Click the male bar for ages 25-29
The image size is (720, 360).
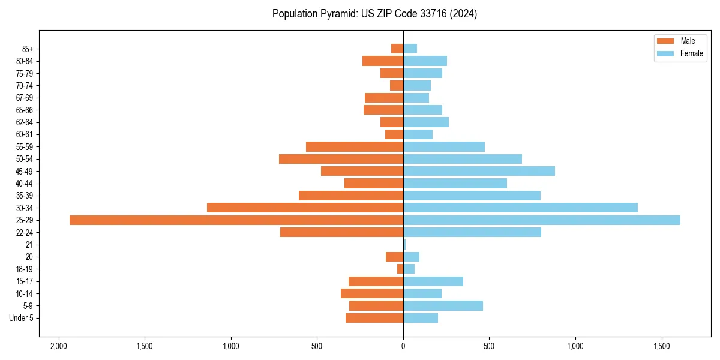(x=236, y=220)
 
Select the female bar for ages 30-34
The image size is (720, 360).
(x=520, y=208)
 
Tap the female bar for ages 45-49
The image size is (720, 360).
(x=479, y=171)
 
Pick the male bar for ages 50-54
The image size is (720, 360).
(x=341, y=159)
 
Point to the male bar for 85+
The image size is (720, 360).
(x=397, y=49)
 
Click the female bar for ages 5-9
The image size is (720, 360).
(x=443, y=306)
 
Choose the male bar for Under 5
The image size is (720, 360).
(x=374, y=318)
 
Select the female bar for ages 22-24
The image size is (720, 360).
(x=472, y=232)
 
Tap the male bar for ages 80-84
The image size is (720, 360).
(x=383, y=61)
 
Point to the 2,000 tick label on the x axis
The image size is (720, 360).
(x=58, y=347)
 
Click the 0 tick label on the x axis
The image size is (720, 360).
(x=403, y=347)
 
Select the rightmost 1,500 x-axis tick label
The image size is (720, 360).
(x=662, y=347)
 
